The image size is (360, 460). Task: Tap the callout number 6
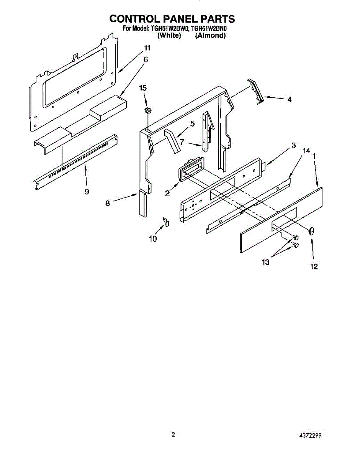pos(146,59)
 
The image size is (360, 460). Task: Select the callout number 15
pos(143,88)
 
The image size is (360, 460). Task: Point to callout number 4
pos(289,100)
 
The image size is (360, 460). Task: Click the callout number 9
pos(87,192)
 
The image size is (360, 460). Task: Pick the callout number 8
pos(108,204)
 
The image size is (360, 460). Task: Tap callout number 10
pos(153,239)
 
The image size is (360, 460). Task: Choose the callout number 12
pos(314,267)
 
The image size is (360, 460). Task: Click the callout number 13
pos(265,262)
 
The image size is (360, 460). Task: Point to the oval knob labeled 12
pos(311,231)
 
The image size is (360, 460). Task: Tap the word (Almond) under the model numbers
pos(210,36)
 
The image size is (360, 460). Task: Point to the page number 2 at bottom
pos(173,434)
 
